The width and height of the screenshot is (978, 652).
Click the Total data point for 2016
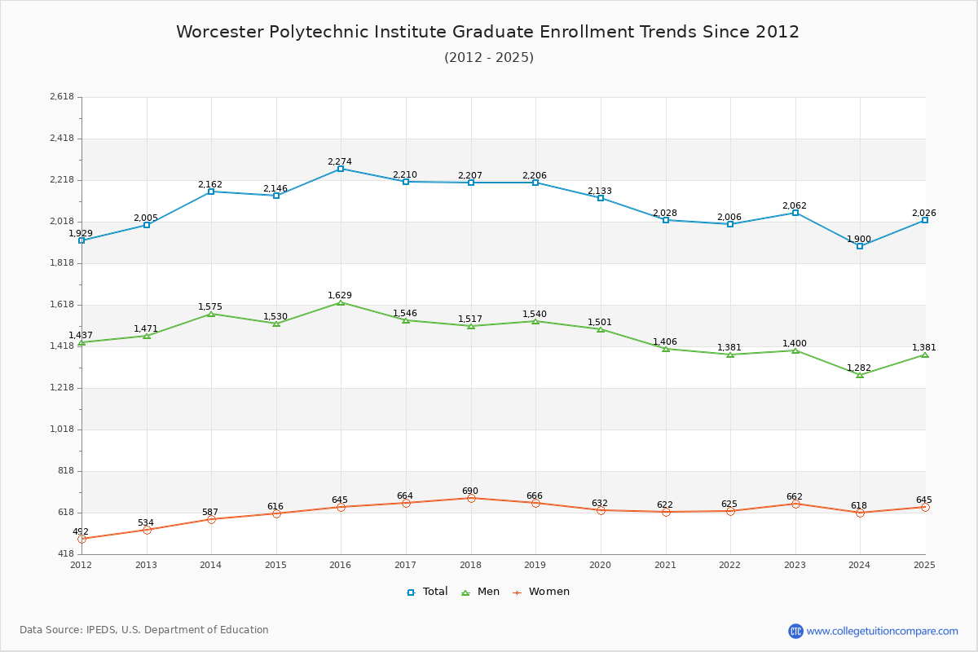pyautogui.click(x=341, y=169)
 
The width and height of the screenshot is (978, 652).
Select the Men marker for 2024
pyautogui.click(x=860, y=375)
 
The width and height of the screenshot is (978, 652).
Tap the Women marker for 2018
pyautogui.click(x=471, y=498)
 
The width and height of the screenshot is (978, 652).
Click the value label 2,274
pyautogui.click(x=340, y=161)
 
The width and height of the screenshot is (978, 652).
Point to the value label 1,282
pyautogui.click(x=859, y=368)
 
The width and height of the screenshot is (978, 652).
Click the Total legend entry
pyautogui.click(x=428, y=592)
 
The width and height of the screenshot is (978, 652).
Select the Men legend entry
pyautogui.click(x=482, y=592)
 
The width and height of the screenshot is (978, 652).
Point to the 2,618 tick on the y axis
pyautogui.click(x=62, y=97)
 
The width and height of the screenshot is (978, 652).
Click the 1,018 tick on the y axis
pyautogui.click(x=62, y=430)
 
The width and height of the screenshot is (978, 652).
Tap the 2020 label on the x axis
pyautogui.click(x=600, y=565)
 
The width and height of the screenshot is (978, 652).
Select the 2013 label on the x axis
pyautogui.click(x=146, y=565)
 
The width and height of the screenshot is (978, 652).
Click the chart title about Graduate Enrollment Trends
pyautogui.click(x=488, y=32)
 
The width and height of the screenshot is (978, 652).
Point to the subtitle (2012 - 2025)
pyautogui.click(x=489, y=57)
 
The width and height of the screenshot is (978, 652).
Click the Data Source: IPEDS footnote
pyautogui.click(x=144, y=630)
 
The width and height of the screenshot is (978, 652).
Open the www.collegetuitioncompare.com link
pyautogui.click(x=883, y=631)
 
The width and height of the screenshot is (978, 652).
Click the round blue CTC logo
pyautogui.click(x=795, y=631)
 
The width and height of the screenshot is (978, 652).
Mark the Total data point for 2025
pyautogui.click(x=925, y=220)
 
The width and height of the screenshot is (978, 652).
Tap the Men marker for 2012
pyautogui.click(x=81, y=342)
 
